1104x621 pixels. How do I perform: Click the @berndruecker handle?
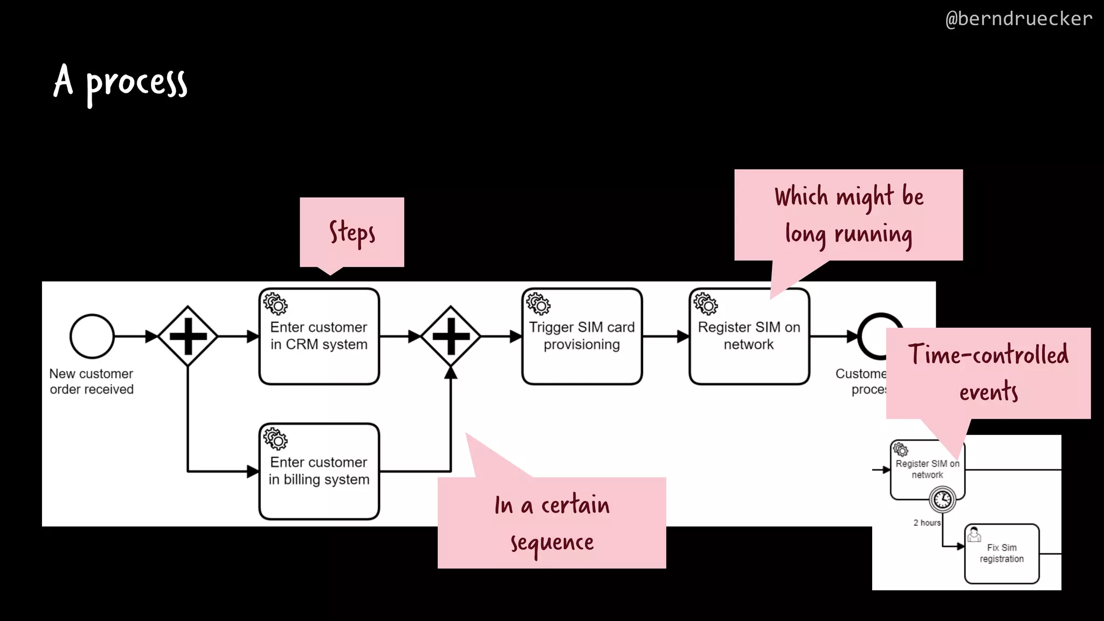[x=1018, y=19]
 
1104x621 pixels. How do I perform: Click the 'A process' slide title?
[x=120, y=82]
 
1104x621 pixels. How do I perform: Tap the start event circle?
[x=92, y=336]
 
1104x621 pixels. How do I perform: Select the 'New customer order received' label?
[x=91, y=381]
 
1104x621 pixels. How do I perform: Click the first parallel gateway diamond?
[x=188, y=336]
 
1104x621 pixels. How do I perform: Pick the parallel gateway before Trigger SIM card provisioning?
[x=451, y=336]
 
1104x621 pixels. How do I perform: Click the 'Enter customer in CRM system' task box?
[x=319, y=336]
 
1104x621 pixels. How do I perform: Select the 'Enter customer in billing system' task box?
[x=319, y=472]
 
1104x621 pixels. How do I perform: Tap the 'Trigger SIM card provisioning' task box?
[x=582, y=336]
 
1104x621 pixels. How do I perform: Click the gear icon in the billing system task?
[x=275, y=439]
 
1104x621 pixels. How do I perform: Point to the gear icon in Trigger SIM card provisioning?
[x=538, y=304]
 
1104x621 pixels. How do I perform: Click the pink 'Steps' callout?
[x=351, y=232]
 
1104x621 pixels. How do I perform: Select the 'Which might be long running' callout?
[x=848, y=215]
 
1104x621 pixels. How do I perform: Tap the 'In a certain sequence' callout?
[x=551, y=522]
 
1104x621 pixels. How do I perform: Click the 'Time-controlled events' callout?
[x=988, y=373]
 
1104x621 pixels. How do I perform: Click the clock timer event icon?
[x=942, y=499]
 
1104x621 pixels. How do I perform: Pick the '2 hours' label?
[x=927, y=522]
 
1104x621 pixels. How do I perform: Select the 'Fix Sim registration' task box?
[x=1002, y=554]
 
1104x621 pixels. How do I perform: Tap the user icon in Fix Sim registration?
[x=974, y=535]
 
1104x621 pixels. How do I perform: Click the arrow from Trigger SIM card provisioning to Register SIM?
[x=665, y=336]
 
